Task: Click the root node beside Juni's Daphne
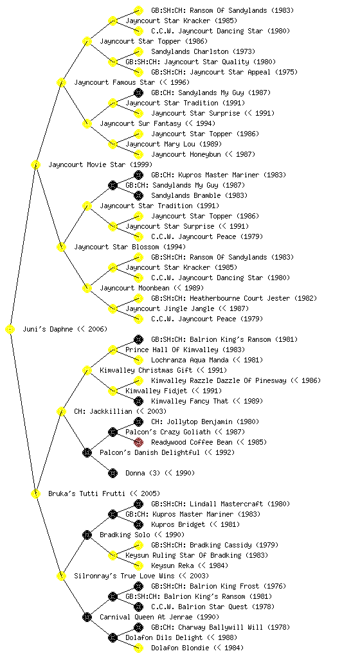10,330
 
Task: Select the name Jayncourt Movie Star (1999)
100,164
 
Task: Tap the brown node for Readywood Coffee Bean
138,442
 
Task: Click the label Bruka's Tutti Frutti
86,493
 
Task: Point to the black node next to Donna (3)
113,474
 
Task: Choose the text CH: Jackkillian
104,411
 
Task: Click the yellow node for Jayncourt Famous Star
61,83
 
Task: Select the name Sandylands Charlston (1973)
203,51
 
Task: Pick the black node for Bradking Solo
87,535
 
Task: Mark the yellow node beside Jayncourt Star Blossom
61,247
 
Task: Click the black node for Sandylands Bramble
138,195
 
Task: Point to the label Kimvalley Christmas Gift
146,370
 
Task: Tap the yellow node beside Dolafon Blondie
138,648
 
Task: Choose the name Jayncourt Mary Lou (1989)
174,144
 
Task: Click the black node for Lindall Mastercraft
138,504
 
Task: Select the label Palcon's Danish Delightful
150,452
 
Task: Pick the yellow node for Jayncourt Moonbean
87,289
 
